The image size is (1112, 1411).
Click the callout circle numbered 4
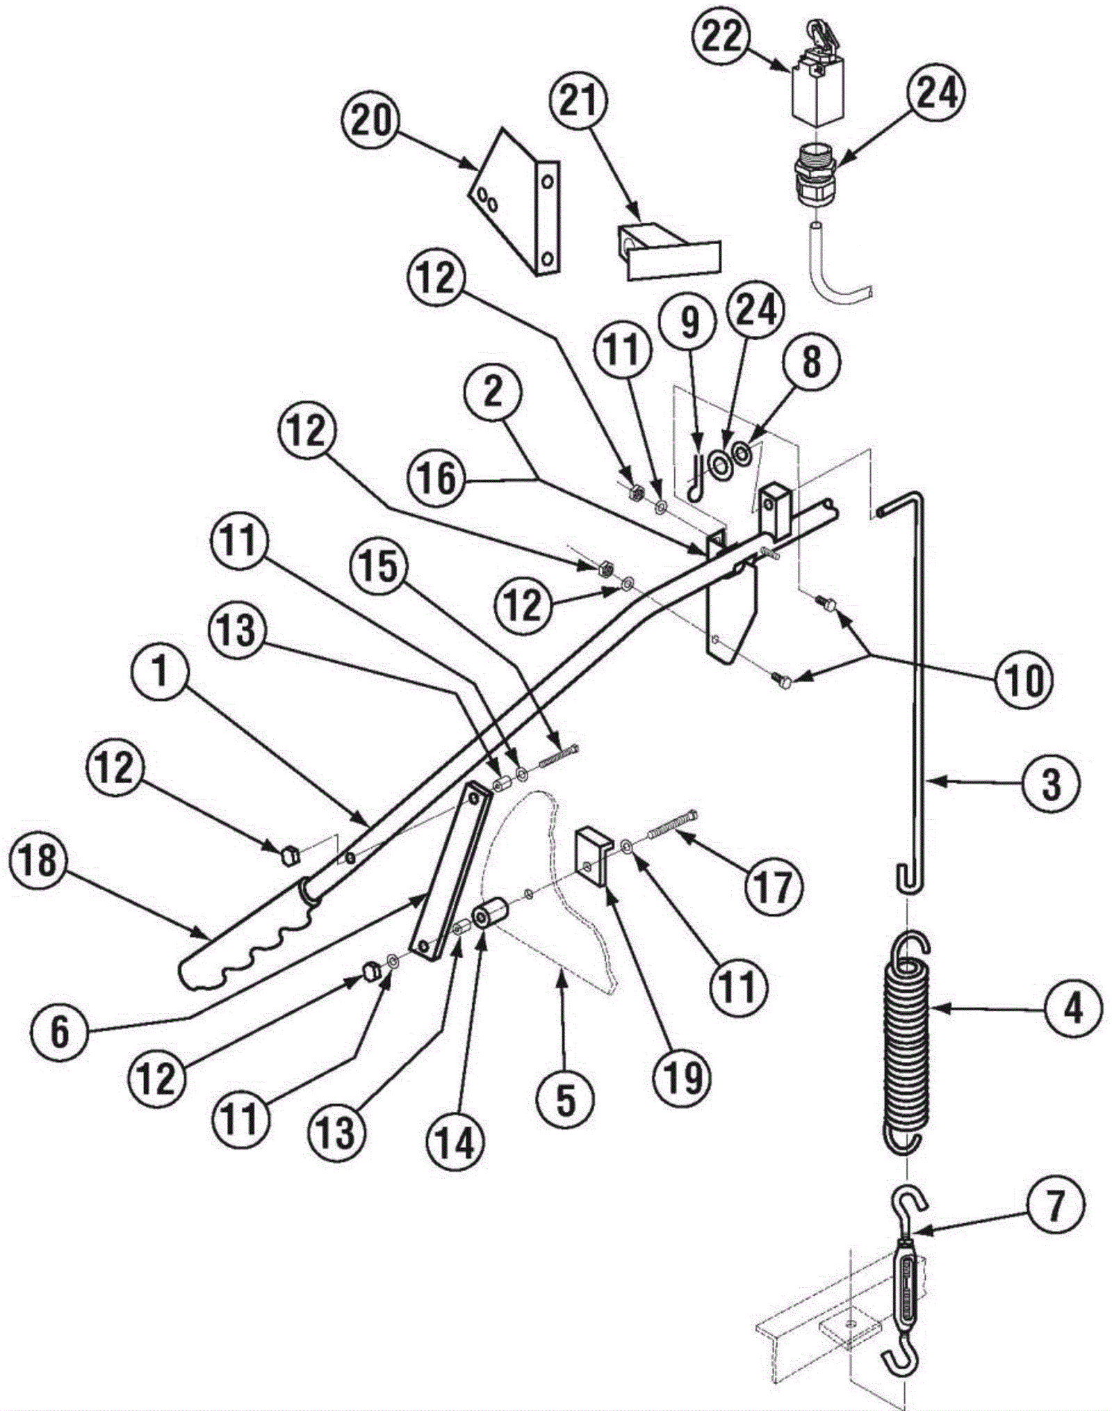[x=1073, y=1008]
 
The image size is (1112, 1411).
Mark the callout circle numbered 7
[x=1055, y=1226]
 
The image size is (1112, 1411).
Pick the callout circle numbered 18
[x=39, y=861]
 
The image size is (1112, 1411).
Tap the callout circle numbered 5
[x=566, y=1101]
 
